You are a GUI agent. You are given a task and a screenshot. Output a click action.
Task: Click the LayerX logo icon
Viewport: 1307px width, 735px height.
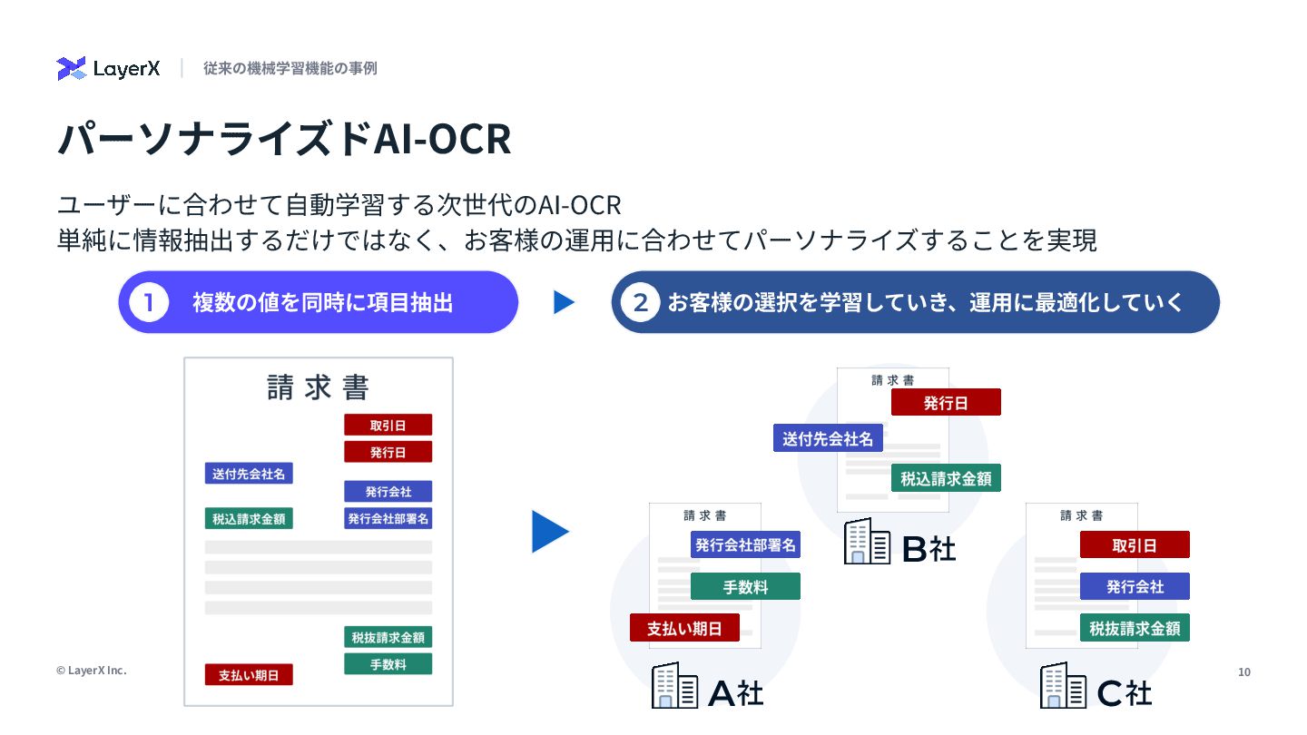(71, 69)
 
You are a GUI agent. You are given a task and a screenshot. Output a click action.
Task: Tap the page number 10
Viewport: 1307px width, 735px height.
(1244, 671)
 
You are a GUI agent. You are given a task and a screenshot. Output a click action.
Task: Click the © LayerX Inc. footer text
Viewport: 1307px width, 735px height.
(91, 671)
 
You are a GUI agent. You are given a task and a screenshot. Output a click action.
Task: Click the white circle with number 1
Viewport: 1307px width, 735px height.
(149, 303)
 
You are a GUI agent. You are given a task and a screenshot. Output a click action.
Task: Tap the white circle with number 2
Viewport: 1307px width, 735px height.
(640, 303)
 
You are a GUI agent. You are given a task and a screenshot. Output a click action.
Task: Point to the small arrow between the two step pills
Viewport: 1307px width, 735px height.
(564, 303)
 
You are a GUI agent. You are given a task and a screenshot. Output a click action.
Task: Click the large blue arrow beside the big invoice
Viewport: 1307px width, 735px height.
(548, 532)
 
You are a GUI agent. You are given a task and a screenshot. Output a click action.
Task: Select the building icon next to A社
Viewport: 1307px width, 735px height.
(674, 686)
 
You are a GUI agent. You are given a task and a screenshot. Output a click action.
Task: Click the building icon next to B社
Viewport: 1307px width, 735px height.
(867, 543)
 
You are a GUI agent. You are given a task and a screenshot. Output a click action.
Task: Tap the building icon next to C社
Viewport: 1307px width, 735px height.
(1063, 686)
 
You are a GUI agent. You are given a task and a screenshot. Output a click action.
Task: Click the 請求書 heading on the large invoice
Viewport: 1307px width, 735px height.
(319, 387)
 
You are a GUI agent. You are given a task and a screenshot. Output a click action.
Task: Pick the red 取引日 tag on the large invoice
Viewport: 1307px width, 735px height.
(388, 425)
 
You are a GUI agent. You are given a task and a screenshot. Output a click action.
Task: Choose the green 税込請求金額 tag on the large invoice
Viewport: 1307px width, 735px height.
(249, 519)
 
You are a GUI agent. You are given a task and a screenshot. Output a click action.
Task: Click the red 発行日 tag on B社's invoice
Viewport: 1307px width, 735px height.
(946, 403)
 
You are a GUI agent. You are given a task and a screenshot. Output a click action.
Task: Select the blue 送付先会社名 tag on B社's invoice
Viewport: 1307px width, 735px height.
(828, 438)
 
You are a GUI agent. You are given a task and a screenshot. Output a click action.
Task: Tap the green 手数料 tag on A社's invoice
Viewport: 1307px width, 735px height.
(745, 587)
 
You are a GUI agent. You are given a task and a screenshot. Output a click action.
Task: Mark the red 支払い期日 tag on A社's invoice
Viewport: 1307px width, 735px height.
(684, 628)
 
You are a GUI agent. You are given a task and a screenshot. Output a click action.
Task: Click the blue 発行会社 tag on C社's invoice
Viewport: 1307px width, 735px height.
(1135, 586)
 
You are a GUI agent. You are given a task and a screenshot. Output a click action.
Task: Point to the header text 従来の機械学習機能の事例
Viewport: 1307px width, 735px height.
(290, 68)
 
